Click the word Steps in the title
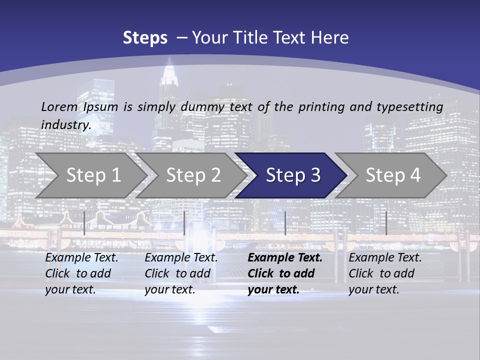tap(145, 38)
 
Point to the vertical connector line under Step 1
tap(84, 223)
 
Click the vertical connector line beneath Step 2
tap(184, 223)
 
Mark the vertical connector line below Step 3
tap(285, 223)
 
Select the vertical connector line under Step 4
tap(386, 223)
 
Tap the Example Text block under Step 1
tap(81, 273)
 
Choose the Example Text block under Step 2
tap(181, 273)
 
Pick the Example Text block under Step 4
tap(385, 273)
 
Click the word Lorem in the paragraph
tap(59, 106)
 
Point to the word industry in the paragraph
tap(66, 125)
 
